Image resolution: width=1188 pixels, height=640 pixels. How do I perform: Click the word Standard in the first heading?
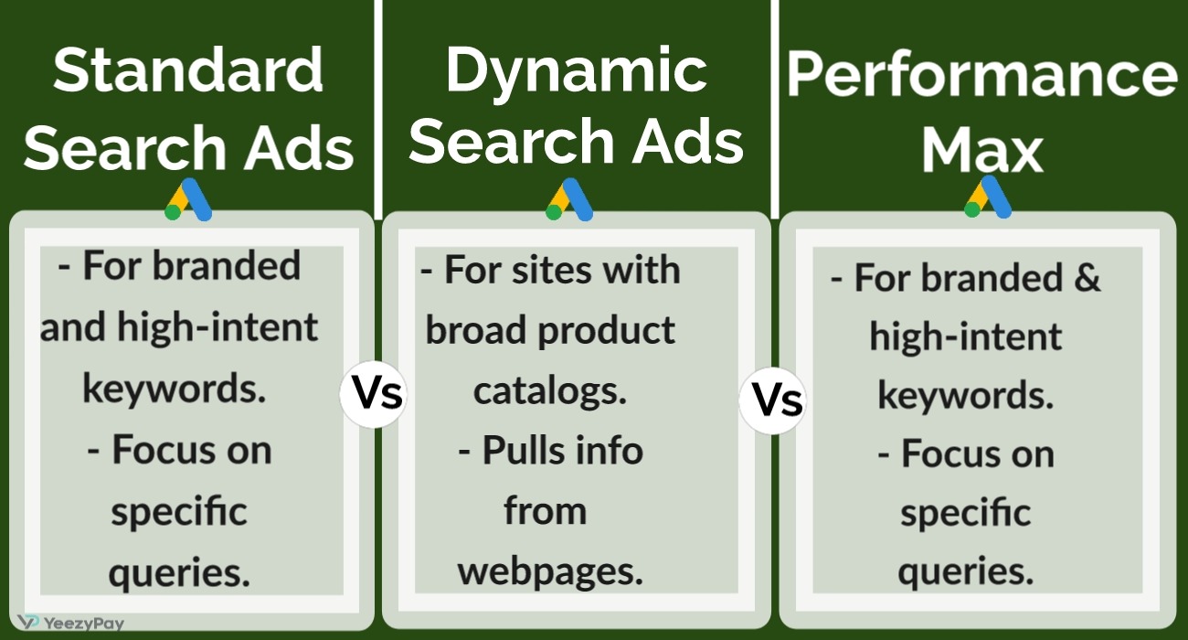(x=188, y=70)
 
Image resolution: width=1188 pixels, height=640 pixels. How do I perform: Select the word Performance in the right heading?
(x=982, y=74)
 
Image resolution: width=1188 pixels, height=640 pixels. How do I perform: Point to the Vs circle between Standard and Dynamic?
(x=374, y=394)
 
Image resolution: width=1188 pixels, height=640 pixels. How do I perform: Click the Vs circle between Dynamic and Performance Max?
(x=773, y=400)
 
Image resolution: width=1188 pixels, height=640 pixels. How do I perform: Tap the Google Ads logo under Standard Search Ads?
(x=188, y=199)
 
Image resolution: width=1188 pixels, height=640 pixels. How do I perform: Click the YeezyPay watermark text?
(x=84, y=623)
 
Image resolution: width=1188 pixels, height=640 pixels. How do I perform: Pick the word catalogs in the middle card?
(x=550, y=391)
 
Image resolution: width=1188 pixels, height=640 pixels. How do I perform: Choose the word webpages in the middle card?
(x=550, y=572)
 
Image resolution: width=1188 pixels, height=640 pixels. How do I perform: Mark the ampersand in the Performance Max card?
(x=1087, y=277)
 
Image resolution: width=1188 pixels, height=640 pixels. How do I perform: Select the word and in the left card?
(x=73, y=327)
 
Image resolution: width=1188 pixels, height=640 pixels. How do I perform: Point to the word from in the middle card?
(x=546, y=510)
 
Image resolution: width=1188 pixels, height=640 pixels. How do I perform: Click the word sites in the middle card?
(x=550, y=270)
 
